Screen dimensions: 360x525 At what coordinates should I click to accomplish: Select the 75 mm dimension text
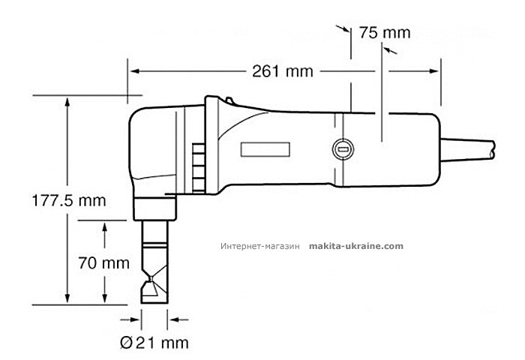(x=385, y=33)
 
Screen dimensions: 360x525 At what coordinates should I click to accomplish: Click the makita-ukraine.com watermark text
(x=355, y=246)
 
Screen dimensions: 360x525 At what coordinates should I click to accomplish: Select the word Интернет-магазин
(x=260, y=246)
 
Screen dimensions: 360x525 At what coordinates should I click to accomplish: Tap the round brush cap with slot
(x=342, y=148)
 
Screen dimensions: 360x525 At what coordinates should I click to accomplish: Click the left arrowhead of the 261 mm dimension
(x=134, y=71)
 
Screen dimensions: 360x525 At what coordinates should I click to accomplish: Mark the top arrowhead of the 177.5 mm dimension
(x=69, y=101)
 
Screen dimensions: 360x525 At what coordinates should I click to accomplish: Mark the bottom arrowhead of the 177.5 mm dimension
(x=69, y=299)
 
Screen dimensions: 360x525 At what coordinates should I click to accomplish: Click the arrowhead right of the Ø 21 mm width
(x=173, y=319)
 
